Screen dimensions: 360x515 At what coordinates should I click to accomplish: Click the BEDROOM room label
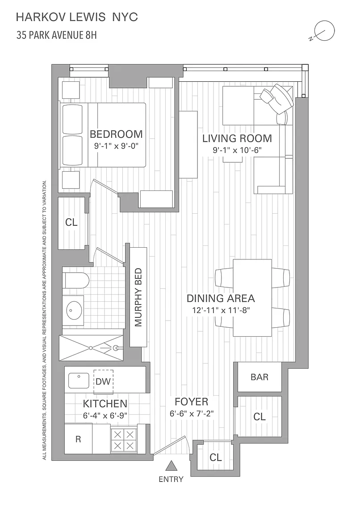click(x=116, y=134)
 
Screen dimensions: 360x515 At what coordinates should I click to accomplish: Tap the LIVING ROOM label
click(x=237, y=138)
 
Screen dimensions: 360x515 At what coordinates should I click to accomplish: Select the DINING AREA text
click(x=221, y=298)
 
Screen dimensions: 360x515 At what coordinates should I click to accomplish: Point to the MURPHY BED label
click(x=138, y=297)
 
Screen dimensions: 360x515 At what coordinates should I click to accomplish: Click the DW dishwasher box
click(x=103, y=382)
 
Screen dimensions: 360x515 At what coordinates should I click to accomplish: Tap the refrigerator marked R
click(x=78, y=439)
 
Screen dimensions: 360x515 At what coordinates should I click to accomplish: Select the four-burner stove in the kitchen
click(x=124, y=440)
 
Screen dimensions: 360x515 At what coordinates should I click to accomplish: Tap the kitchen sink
click(x=79, y=381)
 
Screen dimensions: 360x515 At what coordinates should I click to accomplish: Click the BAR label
click(x=259, y=377)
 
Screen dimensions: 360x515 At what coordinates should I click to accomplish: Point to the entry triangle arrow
click(x=172, y=466)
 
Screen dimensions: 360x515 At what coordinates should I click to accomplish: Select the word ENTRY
click(x=171, y=480)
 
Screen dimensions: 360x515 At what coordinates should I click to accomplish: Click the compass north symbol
click(x=324, y=31)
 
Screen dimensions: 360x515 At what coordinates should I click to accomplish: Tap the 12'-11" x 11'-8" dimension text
click(x=221, y=310)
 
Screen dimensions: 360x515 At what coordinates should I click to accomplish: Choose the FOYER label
click(x=191, y=402)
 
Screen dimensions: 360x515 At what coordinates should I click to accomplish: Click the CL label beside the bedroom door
click(x=71, y=222)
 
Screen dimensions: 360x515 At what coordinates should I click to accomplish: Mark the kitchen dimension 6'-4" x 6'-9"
click(x=105, y=415)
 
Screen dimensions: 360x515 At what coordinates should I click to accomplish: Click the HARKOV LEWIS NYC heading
click(x=77, y=17)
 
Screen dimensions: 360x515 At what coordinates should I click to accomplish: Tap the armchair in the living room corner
click(x=276, y=97)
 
